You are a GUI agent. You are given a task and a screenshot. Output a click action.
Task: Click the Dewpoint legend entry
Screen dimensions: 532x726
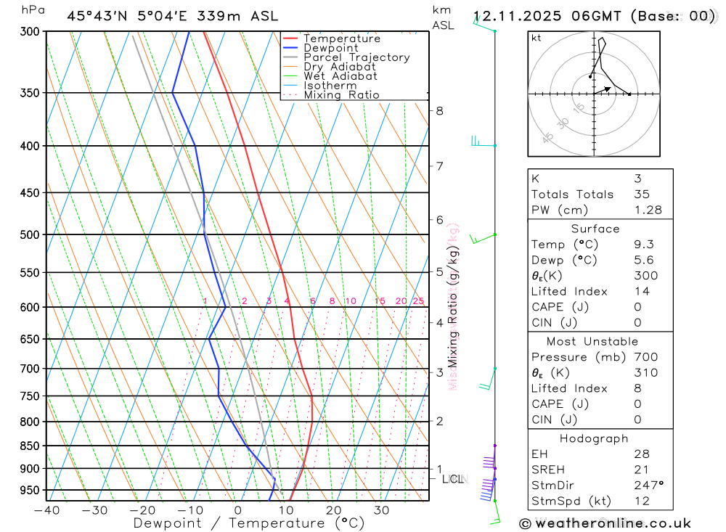tap(330, 48)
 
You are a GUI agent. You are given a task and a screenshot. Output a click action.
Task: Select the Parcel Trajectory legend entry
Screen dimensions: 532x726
tap(356, 57)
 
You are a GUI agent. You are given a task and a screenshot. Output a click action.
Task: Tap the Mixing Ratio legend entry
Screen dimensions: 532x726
tap(341, 95)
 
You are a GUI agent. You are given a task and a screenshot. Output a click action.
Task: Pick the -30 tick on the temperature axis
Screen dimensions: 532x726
tap(94, 510)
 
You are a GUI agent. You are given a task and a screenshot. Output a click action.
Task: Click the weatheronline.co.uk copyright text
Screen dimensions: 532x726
tap(605, 523)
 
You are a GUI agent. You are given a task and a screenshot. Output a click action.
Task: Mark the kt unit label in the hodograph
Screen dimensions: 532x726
tap(537, 38)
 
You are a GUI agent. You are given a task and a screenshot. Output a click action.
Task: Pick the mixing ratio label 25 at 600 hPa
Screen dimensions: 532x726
tap(418, 301)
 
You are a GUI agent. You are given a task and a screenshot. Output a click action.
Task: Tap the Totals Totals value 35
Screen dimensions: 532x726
tap(641, 194)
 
